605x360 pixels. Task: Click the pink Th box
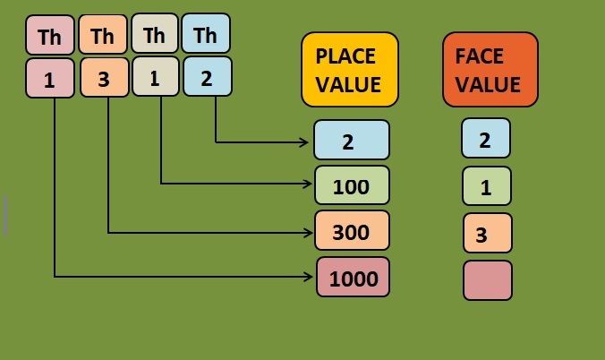click(50, 36)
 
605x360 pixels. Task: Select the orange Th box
click(103, 36)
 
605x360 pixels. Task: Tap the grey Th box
click(155, 35)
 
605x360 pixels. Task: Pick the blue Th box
click(206, 35)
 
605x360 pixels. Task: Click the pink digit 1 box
click(50, 78)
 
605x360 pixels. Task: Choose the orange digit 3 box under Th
click(104, 78)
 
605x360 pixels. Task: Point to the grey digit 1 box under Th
click(156, 77)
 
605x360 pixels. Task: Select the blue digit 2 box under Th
click(208, 77)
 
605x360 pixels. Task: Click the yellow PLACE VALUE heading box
click(349, 71)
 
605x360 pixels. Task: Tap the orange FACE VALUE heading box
click(490, 71)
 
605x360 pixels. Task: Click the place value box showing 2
click(352, 140)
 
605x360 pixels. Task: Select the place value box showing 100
click(352, 185)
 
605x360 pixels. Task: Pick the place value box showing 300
click(352, 231)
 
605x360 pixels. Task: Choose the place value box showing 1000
click(354, 278)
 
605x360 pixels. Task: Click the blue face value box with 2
click(486, 139)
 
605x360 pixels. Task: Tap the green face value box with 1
click(486, 186)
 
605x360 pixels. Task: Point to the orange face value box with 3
click(487, 234)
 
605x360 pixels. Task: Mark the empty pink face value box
click(488, 280)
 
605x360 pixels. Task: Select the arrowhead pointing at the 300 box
click(309, 233)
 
